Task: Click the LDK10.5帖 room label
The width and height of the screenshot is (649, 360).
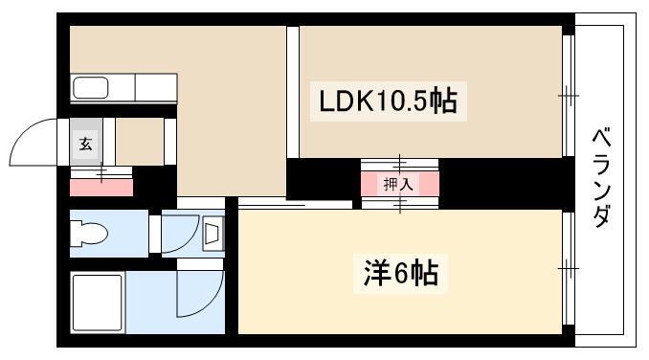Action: coord(389,101)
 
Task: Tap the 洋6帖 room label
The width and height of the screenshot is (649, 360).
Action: coord(401,274)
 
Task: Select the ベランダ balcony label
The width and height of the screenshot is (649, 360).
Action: coord(602,178)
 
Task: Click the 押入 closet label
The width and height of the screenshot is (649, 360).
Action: coord(398,184)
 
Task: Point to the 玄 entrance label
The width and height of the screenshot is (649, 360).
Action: coord(86,144)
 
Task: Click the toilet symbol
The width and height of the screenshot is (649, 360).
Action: coord(89,234)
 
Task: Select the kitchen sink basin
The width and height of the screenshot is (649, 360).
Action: coord(91,88)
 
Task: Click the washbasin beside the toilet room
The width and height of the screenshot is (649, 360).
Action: coord(213,234)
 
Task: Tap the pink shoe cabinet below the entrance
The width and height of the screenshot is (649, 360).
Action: coord(101,188)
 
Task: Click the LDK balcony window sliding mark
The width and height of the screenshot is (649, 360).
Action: coord(569,96)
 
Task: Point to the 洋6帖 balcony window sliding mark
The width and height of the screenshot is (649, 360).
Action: coord(569,268)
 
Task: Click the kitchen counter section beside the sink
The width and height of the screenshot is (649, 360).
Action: coord(156,87)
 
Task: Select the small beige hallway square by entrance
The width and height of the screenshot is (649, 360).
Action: coord(140,142)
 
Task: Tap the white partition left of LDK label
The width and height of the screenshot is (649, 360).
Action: coord(293,92)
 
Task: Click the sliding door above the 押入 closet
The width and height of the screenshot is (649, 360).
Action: coord(399,165)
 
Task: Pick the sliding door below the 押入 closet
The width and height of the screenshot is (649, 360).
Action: coord(400,203)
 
